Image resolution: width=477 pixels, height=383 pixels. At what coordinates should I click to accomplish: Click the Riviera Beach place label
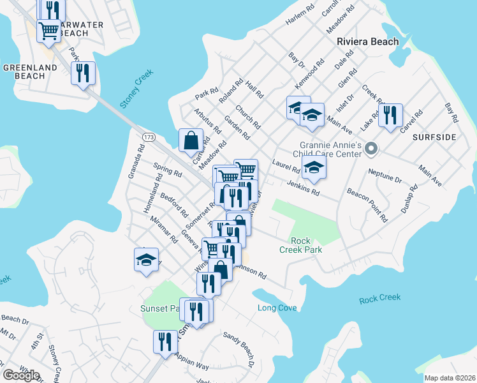click(x=367, y=41)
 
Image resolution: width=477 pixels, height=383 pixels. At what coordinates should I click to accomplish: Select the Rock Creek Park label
click(x=300, y=245)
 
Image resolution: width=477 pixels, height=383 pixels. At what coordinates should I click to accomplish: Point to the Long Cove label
click(x=277, y=308)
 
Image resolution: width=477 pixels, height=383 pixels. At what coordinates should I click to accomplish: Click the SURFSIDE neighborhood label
click(x=434, y=137)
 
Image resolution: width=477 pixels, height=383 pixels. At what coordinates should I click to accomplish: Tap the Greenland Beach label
click(x=24, y=71)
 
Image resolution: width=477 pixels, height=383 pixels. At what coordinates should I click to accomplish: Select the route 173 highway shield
click(x=149, y=137)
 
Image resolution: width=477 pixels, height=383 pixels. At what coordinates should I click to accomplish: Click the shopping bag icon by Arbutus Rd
click(x=191, y=140)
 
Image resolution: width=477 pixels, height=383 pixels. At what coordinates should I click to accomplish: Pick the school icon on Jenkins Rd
click(x=314, y=168)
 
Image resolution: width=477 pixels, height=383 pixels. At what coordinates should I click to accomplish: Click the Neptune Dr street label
click(x=384, y=176)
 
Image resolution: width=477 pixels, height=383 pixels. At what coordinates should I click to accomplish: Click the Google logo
click(x=21, y=375)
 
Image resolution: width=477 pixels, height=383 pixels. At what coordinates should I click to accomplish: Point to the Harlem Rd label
click(x=300, y=13)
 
